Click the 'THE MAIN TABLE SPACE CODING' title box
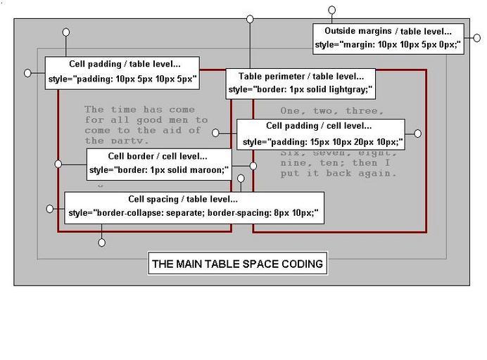pyautogui.click(x=238, y=264)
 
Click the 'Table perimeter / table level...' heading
pyautogui.click(x=301, y=76)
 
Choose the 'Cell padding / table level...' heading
pyautogui.click(x=125, y=64)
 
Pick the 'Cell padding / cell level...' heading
pyautogui.click(x=319, y=126)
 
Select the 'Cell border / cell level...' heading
pyautogui.click(x=158, y=156)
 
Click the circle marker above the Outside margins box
pyautogui.click(x=332, y=11)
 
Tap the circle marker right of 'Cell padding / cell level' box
pyautogui.click(x=417, y=133)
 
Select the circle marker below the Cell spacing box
pyautogui.click(x=102, y=243)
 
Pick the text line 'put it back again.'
pyautogui.click(x=339, y=173)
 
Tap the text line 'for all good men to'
pyautogui.click(x=146, y=120)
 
